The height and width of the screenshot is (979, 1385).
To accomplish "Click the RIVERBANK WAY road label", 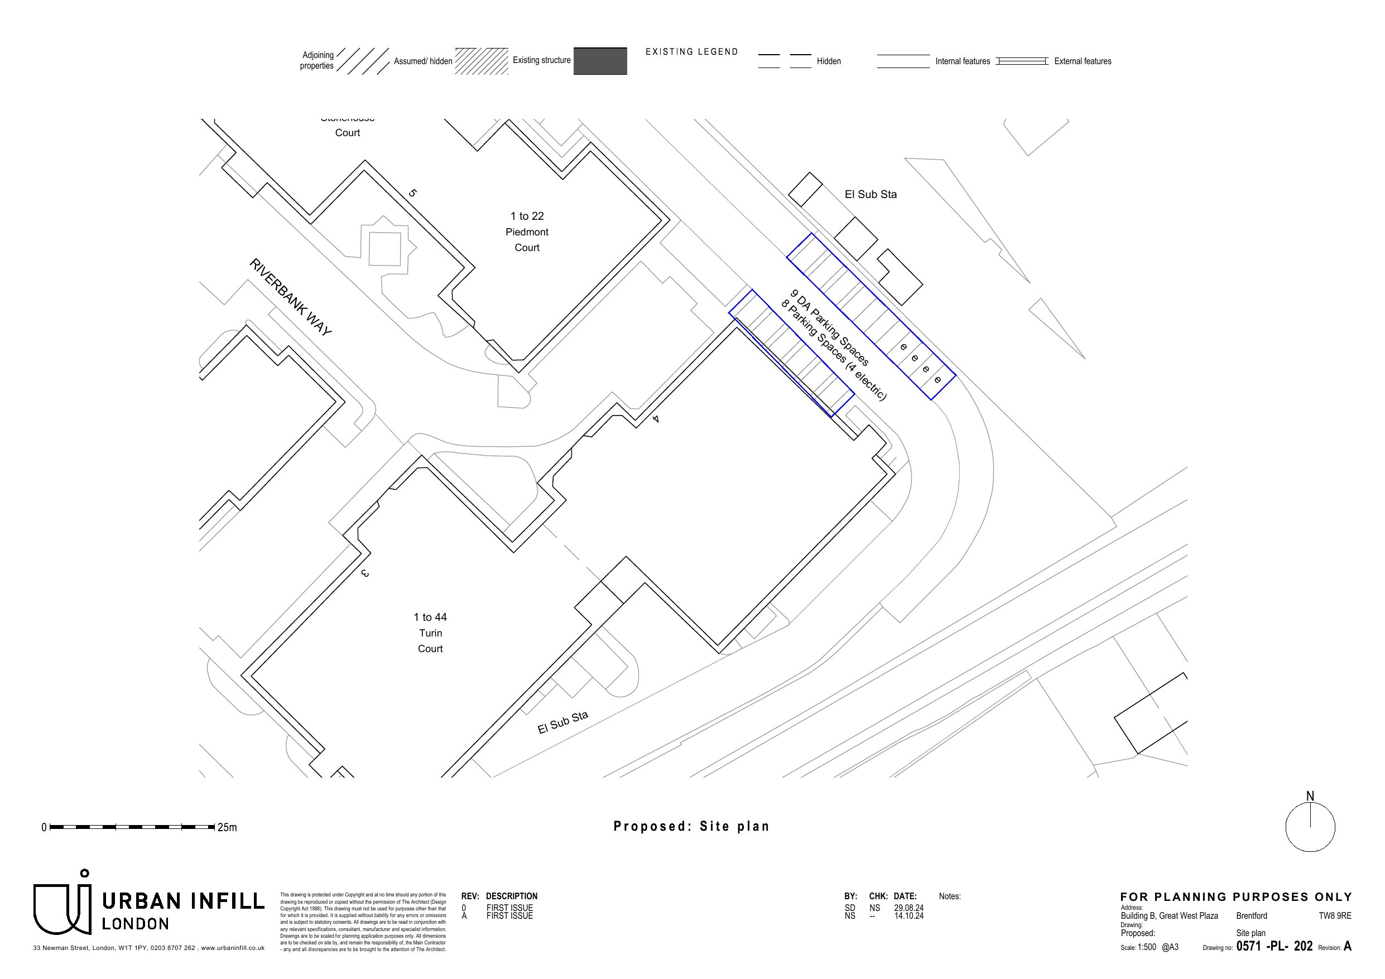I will click(290, 297).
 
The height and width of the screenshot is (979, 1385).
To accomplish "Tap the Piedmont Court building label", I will click(527, 232).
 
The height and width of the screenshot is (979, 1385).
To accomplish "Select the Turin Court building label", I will click(430, 633).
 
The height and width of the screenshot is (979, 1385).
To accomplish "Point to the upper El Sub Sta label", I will click(870, 194).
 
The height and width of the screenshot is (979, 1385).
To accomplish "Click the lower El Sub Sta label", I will click(562, 722).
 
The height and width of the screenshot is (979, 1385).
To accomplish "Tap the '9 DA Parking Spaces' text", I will click(830, 328).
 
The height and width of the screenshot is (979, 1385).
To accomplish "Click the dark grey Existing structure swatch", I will click(600, 61).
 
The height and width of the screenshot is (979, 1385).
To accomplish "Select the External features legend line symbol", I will click(1021, 61).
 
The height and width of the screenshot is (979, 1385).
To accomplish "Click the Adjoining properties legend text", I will click(318, 60).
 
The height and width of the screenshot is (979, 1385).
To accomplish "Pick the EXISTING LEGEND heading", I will click(691, 52).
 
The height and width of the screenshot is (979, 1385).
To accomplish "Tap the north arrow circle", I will click(1310, 827).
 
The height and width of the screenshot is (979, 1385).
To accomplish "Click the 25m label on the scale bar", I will click(228, 828).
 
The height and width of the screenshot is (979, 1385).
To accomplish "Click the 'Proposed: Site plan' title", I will click(691, 826).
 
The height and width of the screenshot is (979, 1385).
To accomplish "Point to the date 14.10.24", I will click(908, 915).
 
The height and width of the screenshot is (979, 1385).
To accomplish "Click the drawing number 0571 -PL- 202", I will click(1274, 946).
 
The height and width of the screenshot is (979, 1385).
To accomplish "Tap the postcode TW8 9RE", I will click(1334, 915).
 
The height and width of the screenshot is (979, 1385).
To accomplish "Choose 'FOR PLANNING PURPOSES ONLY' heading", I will click(1236, 897).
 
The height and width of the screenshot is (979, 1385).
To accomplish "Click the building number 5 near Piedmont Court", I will click(412, 193).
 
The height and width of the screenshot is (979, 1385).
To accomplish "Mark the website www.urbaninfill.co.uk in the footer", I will click(232, 948).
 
